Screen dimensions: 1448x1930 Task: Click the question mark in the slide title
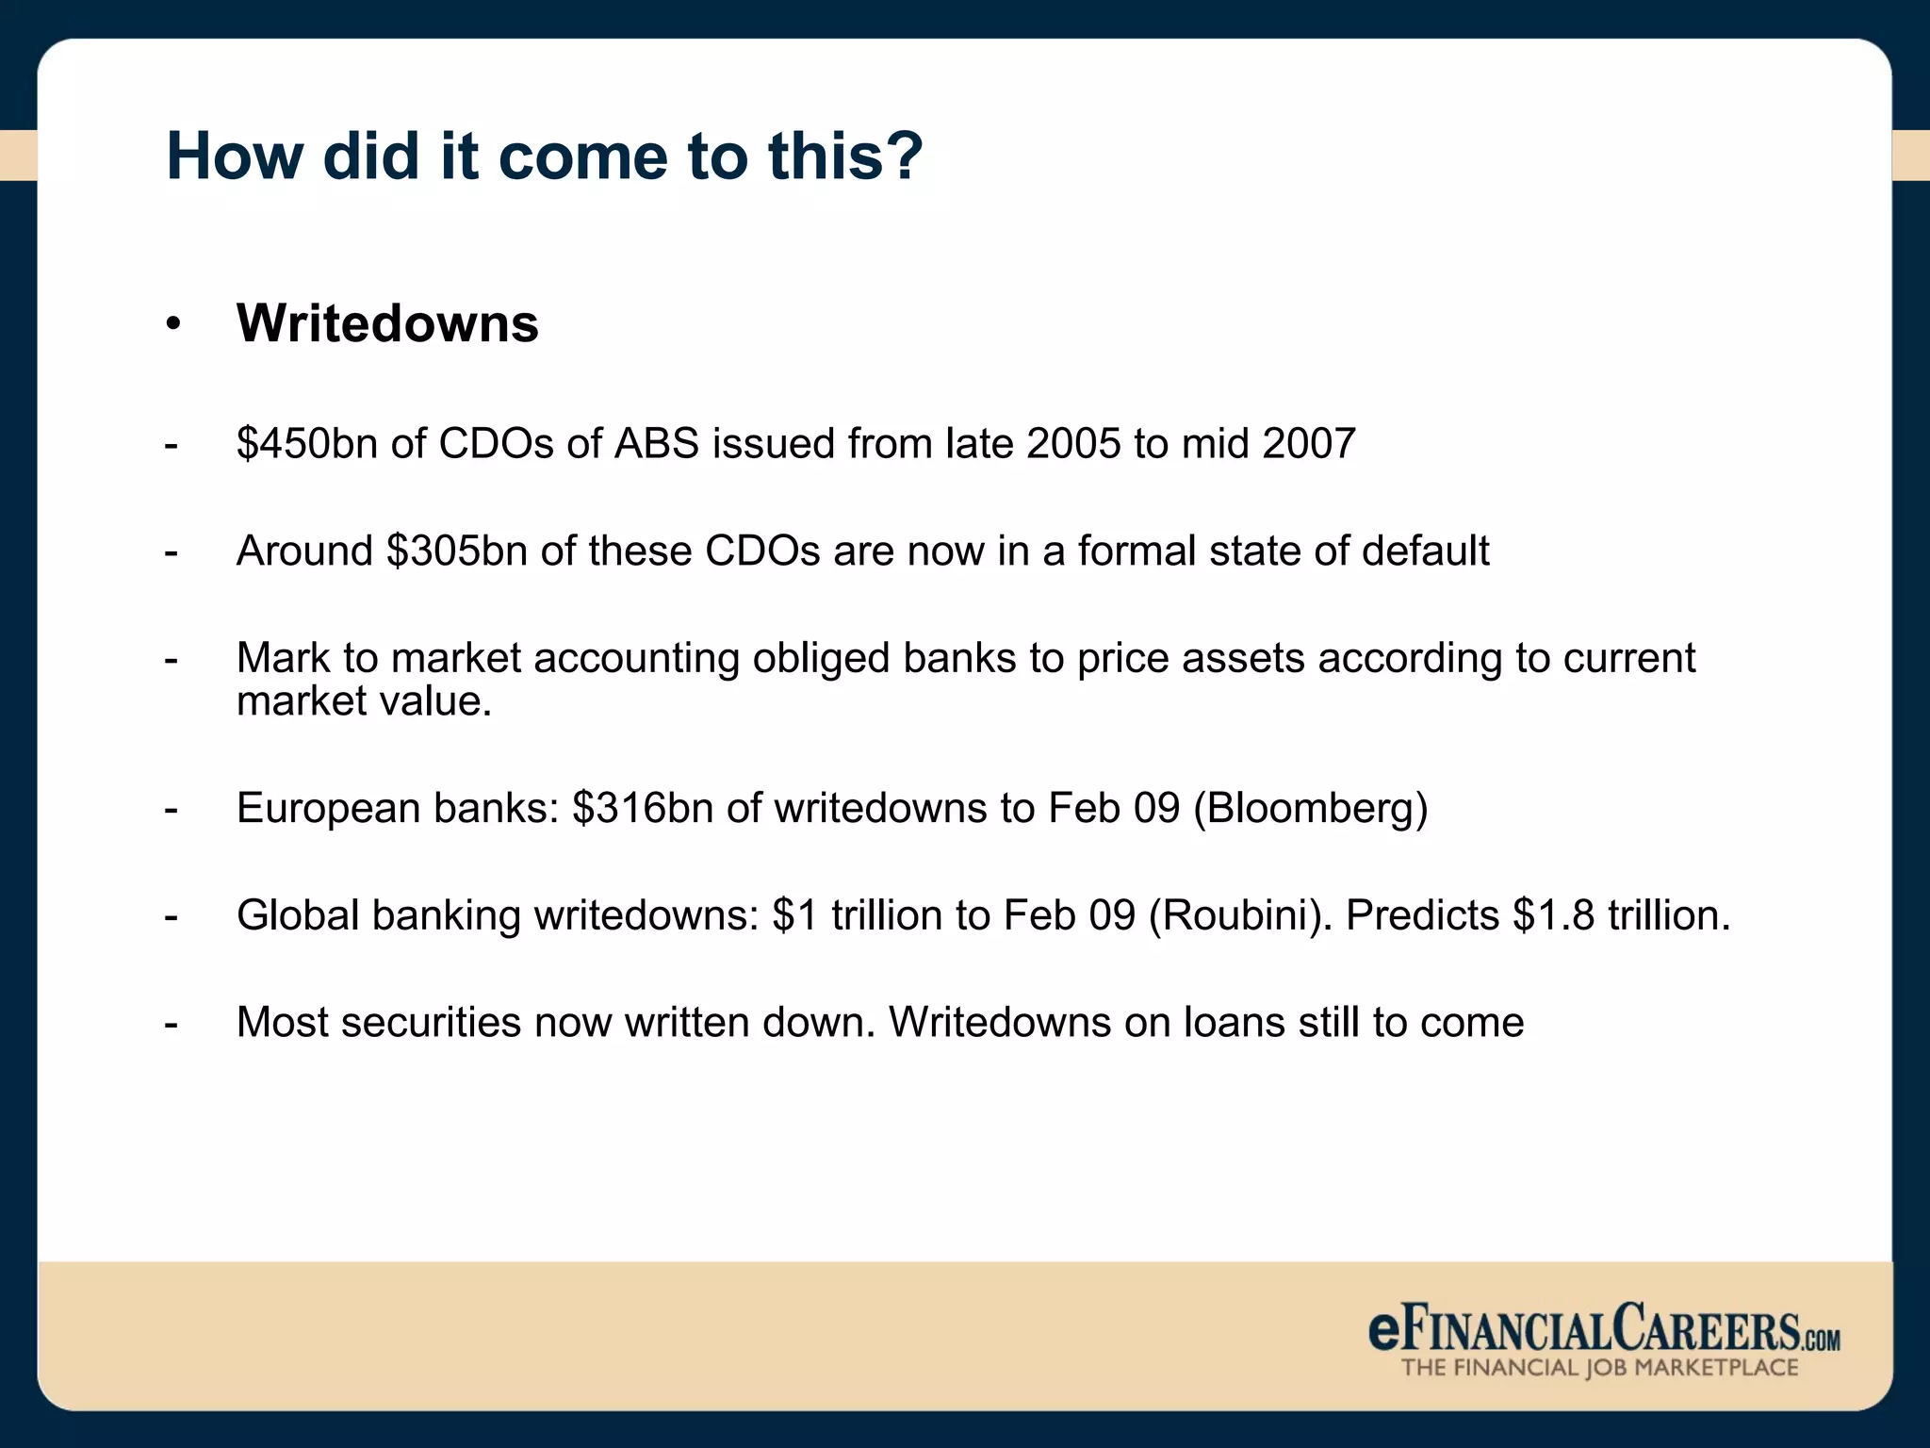tap(904, 156)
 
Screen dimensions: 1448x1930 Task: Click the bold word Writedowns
tap(387, 323)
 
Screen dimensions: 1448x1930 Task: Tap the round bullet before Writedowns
tap(172, 324)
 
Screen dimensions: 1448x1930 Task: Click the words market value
tap(364, 701)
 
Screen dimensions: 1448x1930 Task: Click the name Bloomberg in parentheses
tap(1311, 808)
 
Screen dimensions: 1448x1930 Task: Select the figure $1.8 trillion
tap(1621, 915)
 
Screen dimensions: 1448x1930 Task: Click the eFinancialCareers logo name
tap(1602, 1329)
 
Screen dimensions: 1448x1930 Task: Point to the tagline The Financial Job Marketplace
tap(1600, 1368)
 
